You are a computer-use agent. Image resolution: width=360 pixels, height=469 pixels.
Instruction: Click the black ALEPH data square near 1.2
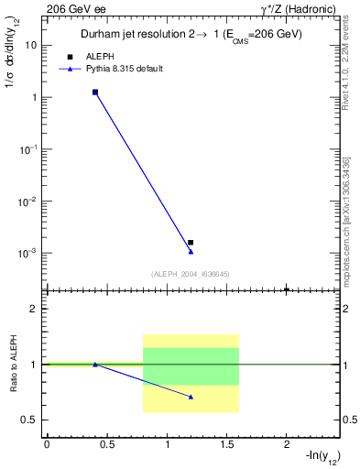coord(191,243)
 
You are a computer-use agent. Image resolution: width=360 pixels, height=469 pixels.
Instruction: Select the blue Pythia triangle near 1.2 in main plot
coord(191,251)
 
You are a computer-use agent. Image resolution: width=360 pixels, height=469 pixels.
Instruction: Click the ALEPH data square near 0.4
coord(94,93)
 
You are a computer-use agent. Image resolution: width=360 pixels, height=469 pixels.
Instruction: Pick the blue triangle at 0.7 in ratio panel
coord(191,397)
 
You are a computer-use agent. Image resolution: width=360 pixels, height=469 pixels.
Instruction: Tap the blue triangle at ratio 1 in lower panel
coord(94,365)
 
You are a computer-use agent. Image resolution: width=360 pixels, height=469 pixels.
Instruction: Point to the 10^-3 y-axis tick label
coord(29,253)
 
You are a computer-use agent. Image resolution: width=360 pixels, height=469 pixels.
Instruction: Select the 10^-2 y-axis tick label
coord(29,201)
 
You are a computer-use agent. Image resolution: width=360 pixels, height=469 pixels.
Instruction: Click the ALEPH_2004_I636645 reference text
coord(191,274)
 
